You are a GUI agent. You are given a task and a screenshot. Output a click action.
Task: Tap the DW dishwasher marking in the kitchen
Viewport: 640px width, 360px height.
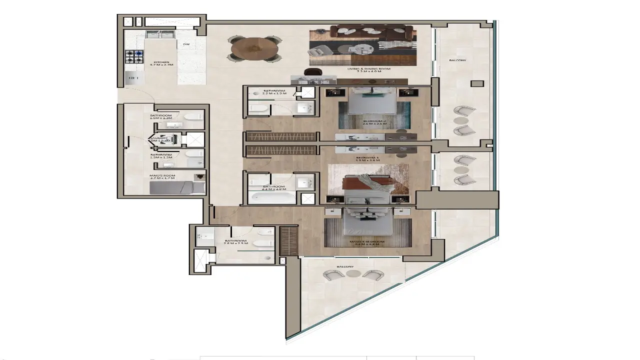coord(186,44)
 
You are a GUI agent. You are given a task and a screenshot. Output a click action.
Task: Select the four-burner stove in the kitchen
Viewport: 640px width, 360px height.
coord(134,56)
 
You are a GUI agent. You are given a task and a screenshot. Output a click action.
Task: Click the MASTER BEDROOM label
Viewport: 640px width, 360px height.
coord(367,242)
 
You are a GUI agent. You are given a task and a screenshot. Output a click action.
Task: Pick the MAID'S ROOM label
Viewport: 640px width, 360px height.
coord(162,175)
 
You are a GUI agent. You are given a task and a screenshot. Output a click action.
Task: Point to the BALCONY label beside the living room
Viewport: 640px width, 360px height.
coord(457,60)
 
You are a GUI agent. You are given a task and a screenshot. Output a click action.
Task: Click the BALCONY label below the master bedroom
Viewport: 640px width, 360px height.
coord(345,266)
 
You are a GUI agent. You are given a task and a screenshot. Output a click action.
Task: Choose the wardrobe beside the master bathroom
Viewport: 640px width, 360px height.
coord(288,241)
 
